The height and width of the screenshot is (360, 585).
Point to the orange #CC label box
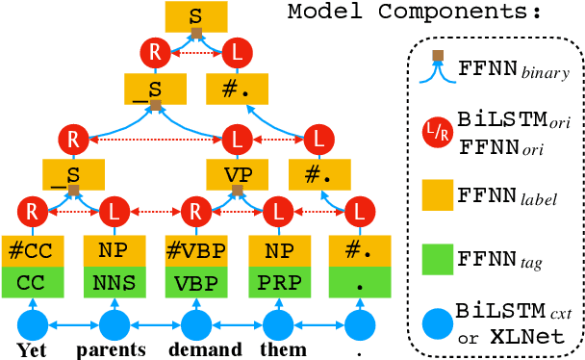pyautogui.click(x=32, y=252)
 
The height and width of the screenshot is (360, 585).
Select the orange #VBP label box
pyautogui.click(x=196, y=252)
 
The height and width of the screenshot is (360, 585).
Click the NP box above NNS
pyautogui.click(x=114, y=252)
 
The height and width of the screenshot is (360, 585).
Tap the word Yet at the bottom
pyautogui.click(x=32, y=348)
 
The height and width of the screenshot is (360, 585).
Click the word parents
pyautogui.click(x=114, y=348)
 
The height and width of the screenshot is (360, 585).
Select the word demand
pyautogui.click(x=196, y=348)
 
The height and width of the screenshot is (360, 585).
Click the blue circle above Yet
pyautogui.click(x=32, y=324)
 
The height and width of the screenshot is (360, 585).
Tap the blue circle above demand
pyautogui.click(x=196, y=324)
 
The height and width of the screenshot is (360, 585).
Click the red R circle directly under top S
pyautogui.click(x=155, y=52)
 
